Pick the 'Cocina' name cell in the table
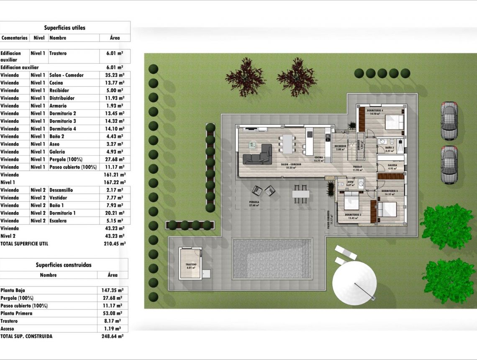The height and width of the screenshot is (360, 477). tap(56, 83)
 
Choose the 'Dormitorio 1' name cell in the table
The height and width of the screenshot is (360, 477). tap(63, 213)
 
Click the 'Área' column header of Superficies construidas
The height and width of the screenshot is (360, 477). tap(112, 275)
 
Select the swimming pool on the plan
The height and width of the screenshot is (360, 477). tap(273, 258)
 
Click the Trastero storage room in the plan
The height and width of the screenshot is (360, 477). tap(190, 263)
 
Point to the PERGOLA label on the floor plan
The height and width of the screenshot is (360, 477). tap(254, 202)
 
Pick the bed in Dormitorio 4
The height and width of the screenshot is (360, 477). tap(394, 122)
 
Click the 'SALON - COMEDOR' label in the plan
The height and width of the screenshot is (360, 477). tap(290, 165)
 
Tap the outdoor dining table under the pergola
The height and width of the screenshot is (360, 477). tap(300, 194)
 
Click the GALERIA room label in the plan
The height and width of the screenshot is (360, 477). tap(392, 165)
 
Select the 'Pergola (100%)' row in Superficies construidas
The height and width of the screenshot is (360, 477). tap(17, 298)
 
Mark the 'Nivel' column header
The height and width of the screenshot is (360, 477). tap(39, 38)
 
